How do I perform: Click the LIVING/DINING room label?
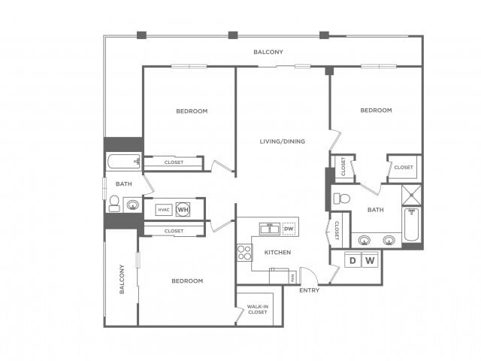282,141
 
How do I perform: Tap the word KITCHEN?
277,252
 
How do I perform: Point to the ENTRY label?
309,290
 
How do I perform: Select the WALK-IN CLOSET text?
259,309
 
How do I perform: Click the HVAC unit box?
164,210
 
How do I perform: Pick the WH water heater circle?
183,210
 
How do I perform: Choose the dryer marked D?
352,261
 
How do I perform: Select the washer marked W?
369,261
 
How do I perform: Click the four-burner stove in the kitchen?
244,253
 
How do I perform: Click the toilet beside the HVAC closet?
114,204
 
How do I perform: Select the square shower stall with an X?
412,195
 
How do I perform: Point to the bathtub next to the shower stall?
411,224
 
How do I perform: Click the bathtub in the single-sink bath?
124,162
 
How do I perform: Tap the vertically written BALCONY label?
120,279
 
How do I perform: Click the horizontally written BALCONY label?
268,52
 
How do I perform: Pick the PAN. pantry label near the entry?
292,278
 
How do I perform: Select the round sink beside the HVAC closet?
132,204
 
